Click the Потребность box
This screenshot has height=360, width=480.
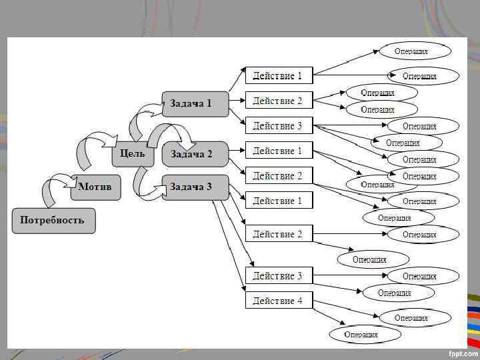(x=53, y=221)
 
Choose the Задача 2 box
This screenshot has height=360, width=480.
(x=195, y=154)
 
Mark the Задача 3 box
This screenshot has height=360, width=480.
(x=195, y=187)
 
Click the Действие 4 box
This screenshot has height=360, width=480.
(x=279, y=301)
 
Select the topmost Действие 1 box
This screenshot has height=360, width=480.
(x=279, y=76)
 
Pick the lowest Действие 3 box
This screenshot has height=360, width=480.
(x=279, y=276)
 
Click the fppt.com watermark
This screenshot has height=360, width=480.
(x=461, y=352)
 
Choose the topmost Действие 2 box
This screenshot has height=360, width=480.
(x=279, y=101)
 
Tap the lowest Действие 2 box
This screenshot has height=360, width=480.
(x=279, y=235)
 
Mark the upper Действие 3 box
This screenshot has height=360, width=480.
(x=279, y=126)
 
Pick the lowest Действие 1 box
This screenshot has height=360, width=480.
(x=279, y=201)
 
